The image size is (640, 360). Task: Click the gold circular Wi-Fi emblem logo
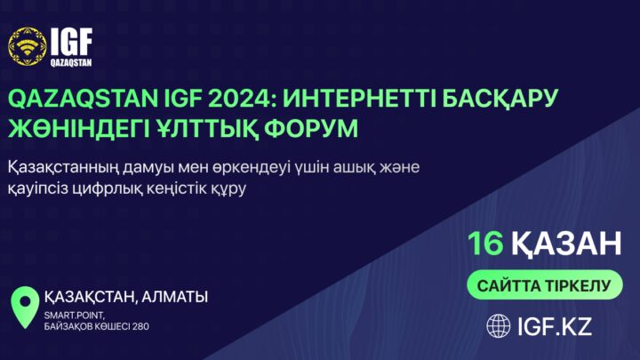pos(28,46)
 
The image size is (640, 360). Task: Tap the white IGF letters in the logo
pos(71,42)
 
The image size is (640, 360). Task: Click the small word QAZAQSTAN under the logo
pos(71,62)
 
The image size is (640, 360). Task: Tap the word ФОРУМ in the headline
pos(311,129)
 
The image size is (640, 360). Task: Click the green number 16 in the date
pos(485,244)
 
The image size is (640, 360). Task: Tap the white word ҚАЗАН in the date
pos(566,244)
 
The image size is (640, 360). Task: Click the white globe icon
pos(499,326)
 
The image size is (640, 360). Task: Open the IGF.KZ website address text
pos(555,326)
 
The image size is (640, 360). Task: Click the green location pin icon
pos(25,307)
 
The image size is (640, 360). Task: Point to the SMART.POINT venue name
pos(75,316)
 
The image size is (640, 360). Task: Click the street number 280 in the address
pos(140,326)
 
